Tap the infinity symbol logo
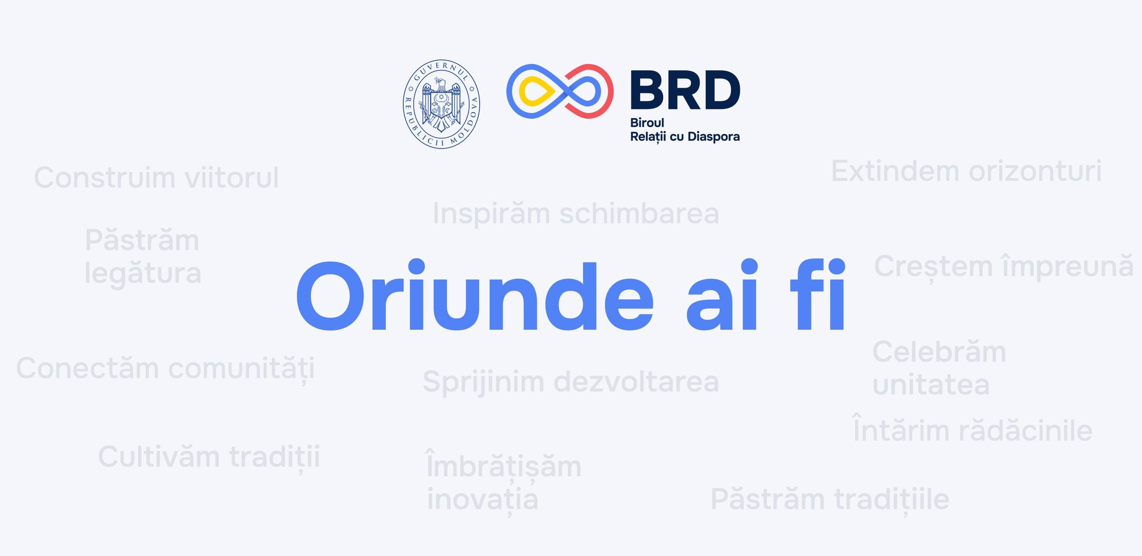point(559,91)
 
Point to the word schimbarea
point(639,214)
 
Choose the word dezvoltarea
point(636,382)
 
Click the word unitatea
point(931,385)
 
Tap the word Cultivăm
point(159,457)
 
